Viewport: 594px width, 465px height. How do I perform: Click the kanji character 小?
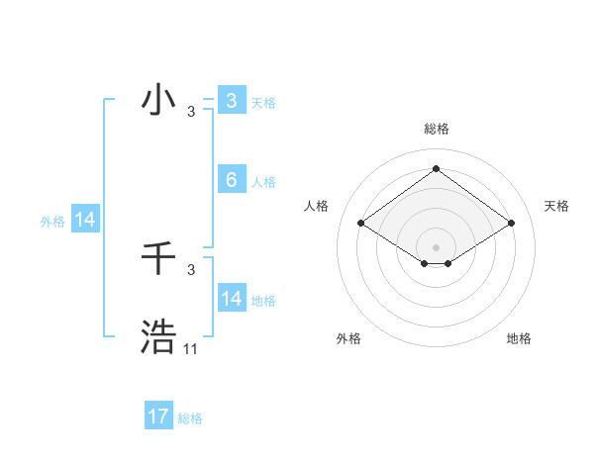[x=158, y=100]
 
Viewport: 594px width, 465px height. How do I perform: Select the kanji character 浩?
[x=158, y=337]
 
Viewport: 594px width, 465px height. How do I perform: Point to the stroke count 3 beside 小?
[x=191, y=112]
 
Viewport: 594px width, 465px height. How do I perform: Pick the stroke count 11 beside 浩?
[x=191, y=349]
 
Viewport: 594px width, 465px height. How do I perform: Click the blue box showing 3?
[x=231, y=100]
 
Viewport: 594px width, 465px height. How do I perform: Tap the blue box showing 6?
[x=231, y=180]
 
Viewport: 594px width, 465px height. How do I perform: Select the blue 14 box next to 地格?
[x=231, y=299]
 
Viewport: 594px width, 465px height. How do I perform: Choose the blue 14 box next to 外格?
[x=85, y=220]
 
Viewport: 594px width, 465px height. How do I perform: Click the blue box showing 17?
[x=158, y=417]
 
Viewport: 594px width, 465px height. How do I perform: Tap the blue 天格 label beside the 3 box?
[x=263, y=102]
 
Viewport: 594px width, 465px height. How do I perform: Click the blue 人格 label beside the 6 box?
[x=263, y=182]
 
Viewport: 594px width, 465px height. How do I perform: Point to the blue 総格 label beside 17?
[x=190, y=418]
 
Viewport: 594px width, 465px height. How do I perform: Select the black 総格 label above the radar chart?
[x=436, y=129]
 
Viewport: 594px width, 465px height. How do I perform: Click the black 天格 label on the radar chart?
[x=556, y=206]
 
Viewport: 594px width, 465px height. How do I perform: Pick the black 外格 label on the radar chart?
[x=348, y=338]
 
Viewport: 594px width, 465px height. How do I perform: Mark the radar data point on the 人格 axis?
[x=360, y=223]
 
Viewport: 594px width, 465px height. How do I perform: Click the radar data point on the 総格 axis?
[x=436, y=168]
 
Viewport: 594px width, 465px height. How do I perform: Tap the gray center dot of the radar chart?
[x=436, y=246]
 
